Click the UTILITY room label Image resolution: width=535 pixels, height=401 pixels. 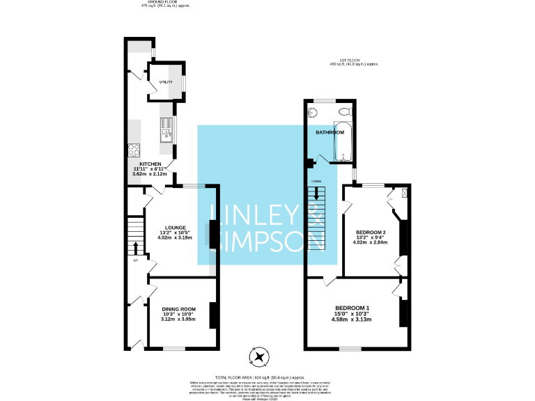pyautogui.click(x=165, y=82)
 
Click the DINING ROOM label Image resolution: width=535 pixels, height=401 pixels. pyautogui.click(x=179, y=309)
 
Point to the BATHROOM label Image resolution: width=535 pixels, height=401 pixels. pyautogui.click(x=330, y=132)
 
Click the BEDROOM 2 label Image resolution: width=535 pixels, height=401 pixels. pyautogui.click(x=371, y=232)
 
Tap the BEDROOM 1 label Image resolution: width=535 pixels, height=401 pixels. pyautogui.click(x=352, y=308)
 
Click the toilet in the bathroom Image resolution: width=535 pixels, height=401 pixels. pyautogui.click(x=343, y=112)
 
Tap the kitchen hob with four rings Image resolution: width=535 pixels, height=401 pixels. pyautogui.click(x=134, y=149)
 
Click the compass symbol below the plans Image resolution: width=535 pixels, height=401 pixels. pyautogui.click(x=260, y=357)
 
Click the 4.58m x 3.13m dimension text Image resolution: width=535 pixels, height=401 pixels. pyautogui.click(x=352, y=320)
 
